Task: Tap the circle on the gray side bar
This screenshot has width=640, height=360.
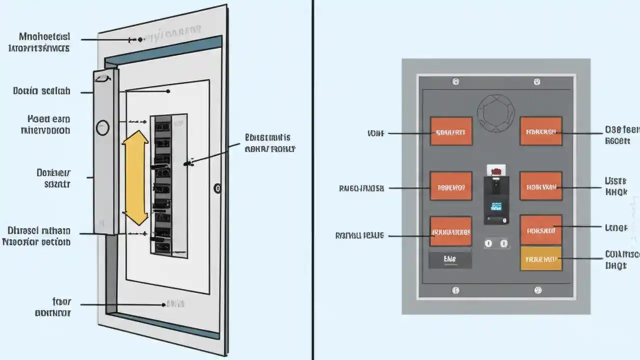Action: click(x=102, y=127)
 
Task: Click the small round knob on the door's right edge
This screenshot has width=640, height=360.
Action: click(x=216, y=188)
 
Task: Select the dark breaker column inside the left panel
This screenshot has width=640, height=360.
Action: click(x=161, y=184)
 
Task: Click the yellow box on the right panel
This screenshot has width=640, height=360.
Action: click(x=540, y=258)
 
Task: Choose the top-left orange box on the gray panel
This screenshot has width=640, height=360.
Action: click(x=451, y=131)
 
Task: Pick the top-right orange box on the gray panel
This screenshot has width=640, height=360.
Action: click(x=540, y=131)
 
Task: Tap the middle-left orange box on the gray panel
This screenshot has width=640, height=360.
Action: click(x=451, y=186)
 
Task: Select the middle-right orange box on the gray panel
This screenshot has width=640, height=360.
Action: click(x=540, y=186)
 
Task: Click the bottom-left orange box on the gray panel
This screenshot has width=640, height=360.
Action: click(x=451, y=231)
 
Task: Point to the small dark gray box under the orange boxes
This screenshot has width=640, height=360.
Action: click(x=450, y=259)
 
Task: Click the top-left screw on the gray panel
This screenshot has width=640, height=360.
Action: click(x=455, y=81)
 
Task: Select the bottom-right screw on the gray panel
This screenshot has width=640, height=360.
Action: click(x=538, y=289)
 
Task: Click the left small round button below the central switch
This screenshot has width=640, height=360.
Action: click(x=488, y=243)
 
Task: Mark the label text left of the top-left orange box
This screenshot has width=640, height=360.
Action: click(x=375, y=133)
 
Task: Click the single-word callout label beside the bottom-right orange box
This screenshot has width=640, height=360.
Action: click(x=616, y=227)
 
